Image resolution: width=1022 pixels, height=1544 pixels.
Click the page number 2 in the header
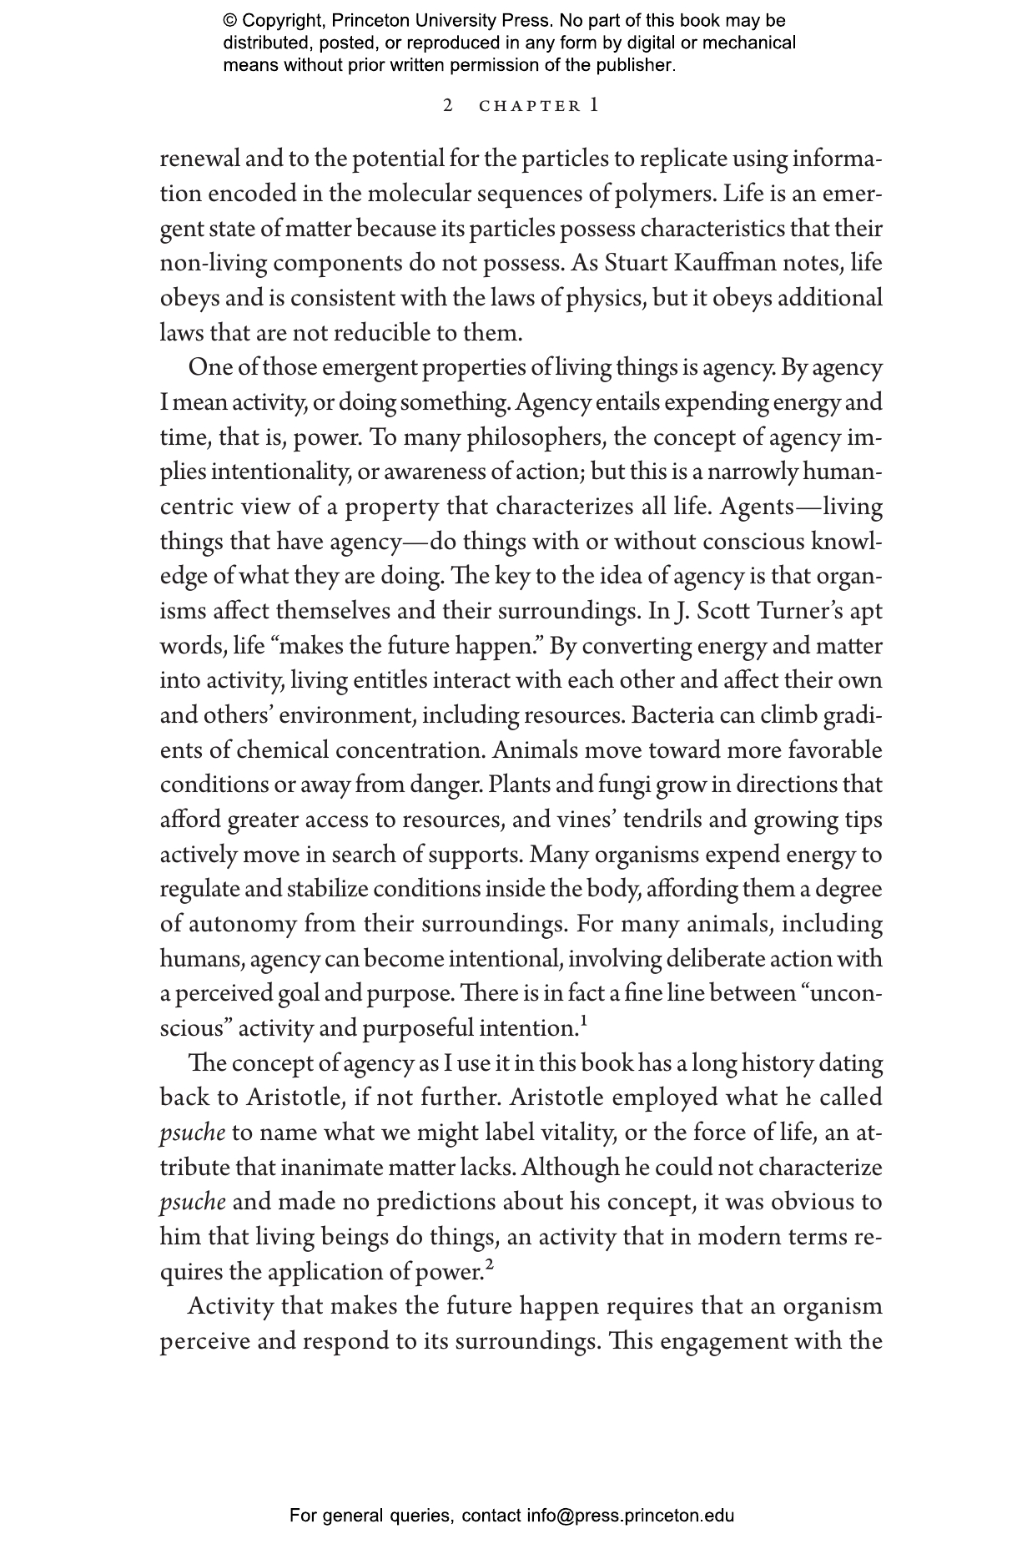pyautogui.click(x=448, y=106)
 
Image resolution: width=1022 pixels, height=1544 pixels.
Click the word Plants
pyautogui.click(x=518, y=785)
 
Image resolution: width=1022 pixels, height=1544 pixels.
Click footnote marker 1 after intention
pyautogui.click(x=584, y=1021)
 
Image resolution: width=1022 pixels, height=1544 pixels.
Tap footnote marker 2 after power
pyautogui.click(x=490, y=1264)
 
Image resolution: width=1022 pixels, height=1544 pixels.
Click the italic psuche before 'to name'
pyautogui.click(x=192, y=1133)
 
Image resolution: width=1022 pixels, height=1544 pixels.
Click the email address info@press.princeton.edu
pyautogui.click(x=630, y=1516)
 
